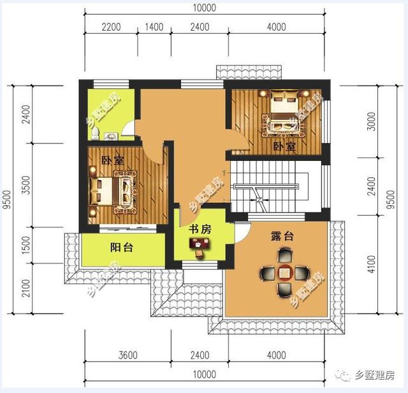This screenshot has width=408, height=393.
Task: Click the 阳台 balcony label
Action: [122, 248]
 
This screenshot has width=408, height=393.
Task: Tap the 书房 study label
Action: [200, 229]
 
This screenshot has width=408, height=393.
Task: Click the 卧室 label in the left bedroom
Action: [112, 161]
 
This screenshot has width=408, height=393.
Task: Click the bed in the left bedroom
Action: [115, 190]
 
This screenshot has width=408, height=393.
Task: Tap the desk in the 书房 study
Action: [199, 244]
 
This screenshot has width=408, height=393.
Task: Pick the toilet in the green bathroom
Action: [95, 133]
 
